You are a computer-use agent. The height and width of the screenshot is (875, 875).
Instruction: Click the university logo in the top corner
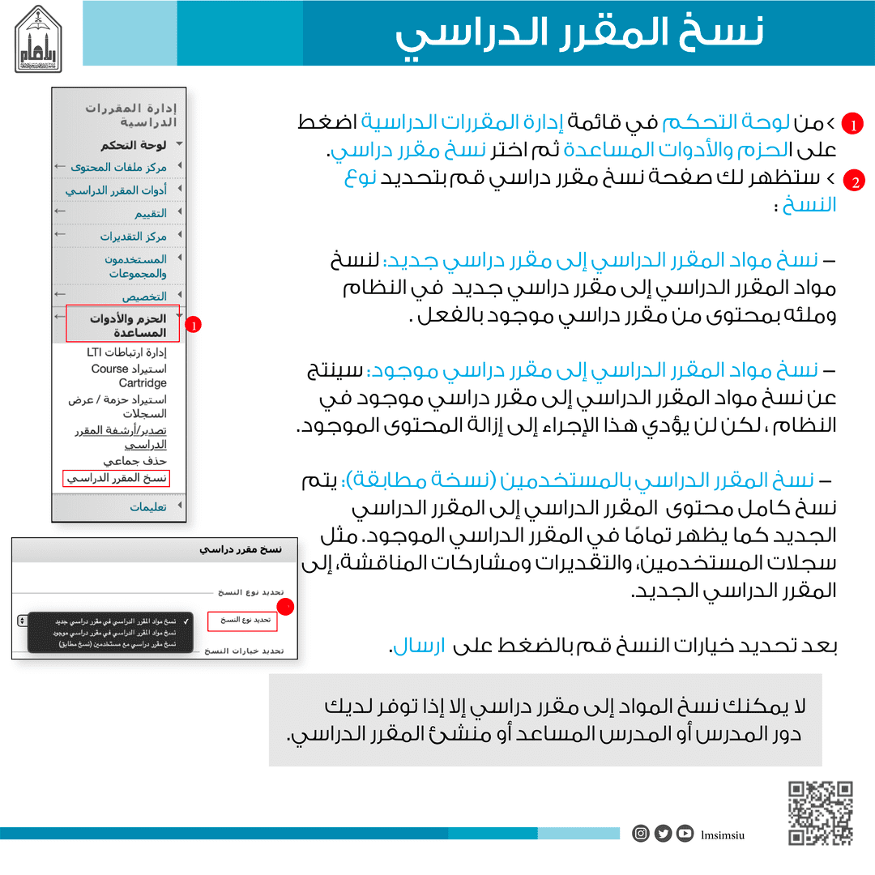44,39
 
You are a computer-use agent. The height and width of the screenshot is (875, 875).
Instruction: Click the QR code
821,813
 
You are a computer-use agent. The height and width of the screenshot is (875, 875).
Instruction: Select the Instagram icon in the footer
641,833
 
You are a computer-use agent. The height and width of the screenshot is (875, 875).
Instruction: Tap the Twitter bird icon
664,833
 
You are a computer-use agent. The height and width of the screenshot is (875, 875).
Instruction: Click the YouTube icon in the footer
685,833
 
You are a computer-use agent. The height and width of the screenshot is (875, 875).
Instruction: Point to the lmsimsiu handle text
723,834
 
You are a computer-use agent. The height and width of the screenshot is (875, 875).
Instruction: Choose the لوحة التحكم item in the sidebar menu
134,146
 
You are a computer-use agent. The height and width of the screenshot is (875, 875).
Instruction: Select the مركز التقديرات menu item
134,237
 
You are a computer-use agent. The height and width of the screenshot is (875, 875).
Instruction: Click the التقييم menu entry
151,213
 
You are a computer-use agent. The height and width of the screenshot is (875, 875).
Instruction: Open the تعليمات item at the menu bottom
148,507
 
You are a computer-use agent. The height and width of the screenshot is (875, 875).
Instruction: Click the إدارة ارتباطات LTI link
126,353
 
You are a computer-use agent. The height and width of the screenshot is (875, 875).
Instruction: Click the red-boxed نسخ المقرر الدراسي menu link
116,479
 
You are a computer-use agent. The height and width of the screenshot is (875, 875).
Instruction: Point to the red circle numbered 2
853,181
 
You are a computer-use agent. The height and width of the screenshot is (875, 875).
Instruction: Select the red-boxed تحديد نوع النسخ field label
242,621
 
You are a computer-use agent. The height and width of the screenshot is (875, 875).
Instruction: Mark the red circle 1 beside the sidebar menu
194,325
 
